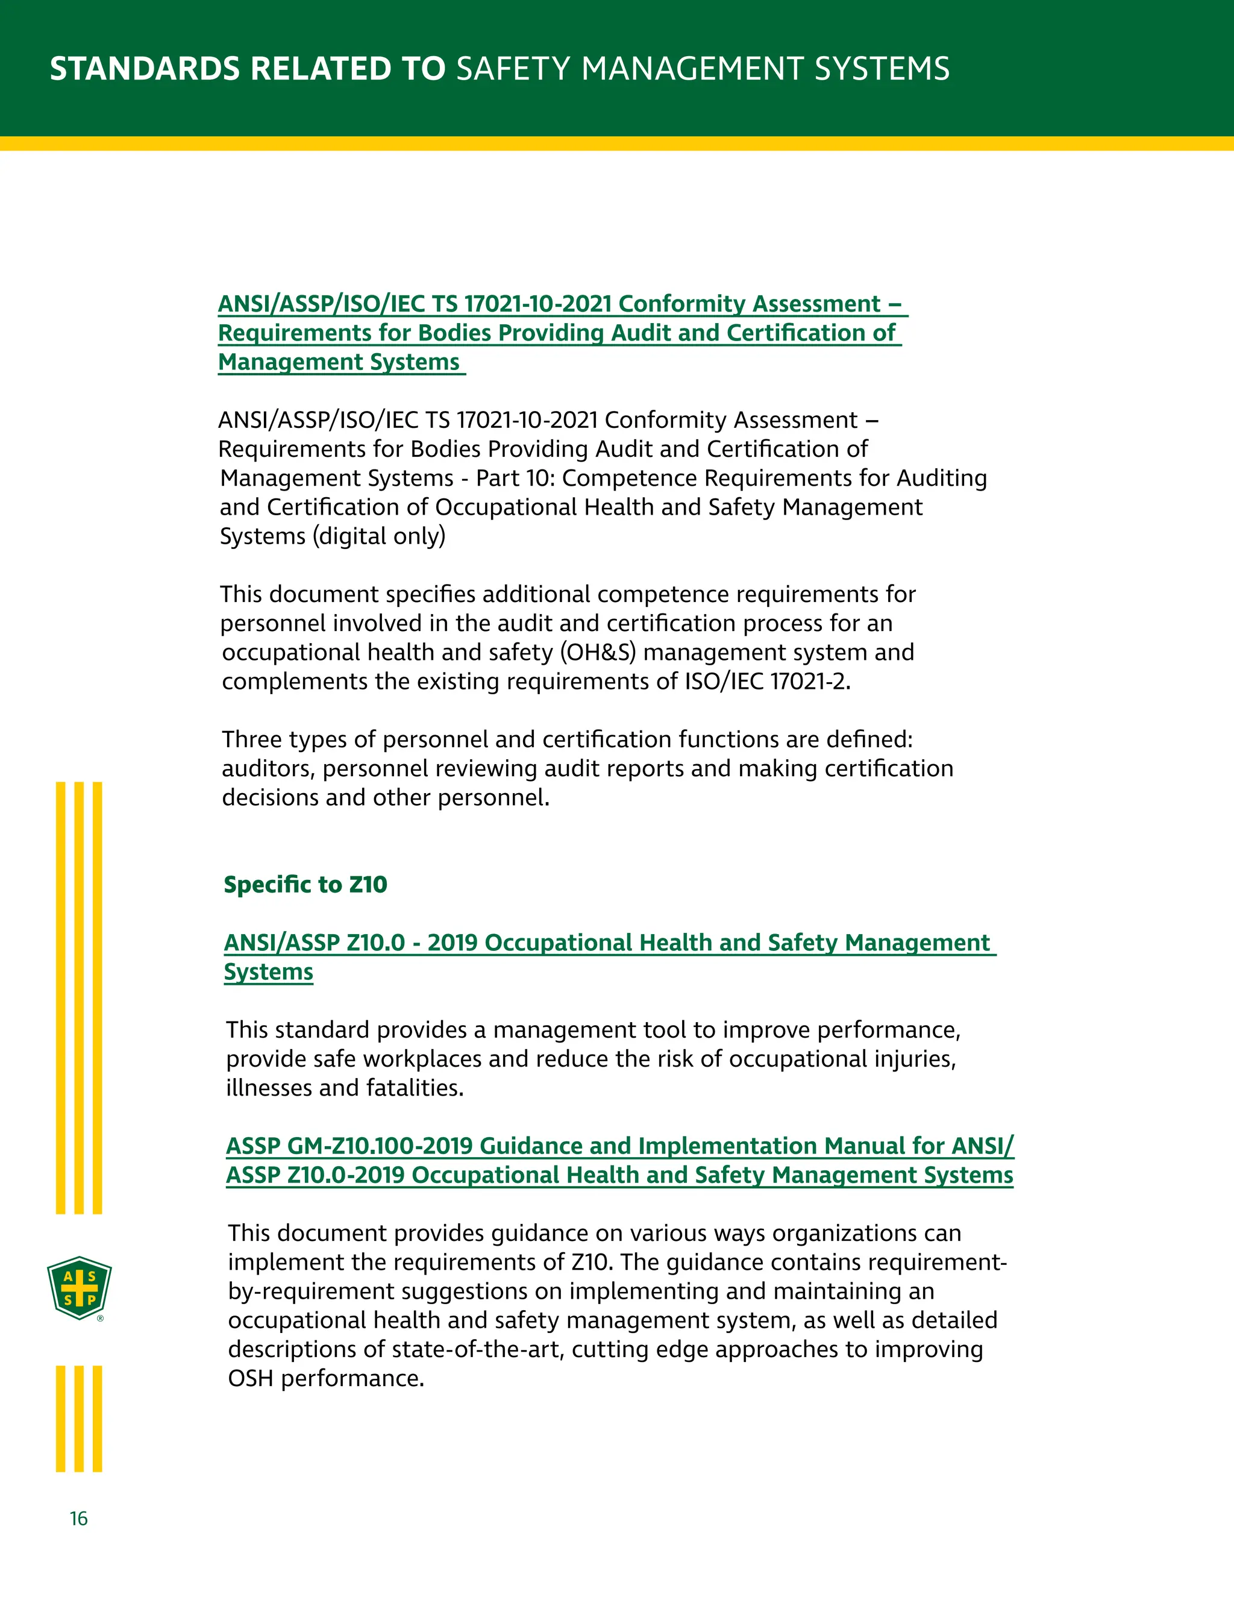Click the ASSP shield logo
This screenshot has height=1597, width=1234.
point(79,1288)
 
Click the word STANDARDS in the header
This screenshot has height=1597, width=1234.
point(144,69)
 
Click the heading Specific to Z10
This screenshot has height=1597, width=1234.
point(305,885)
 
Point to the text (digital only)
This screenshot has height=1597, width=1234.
point(378,536)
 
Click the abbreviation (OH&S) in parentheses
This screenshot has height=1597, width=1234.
point(598,652)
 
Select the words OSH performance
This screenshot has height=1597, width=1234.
point(325,1379)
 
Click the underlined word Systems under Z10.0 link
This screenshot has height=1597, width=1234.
point(268,973)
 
